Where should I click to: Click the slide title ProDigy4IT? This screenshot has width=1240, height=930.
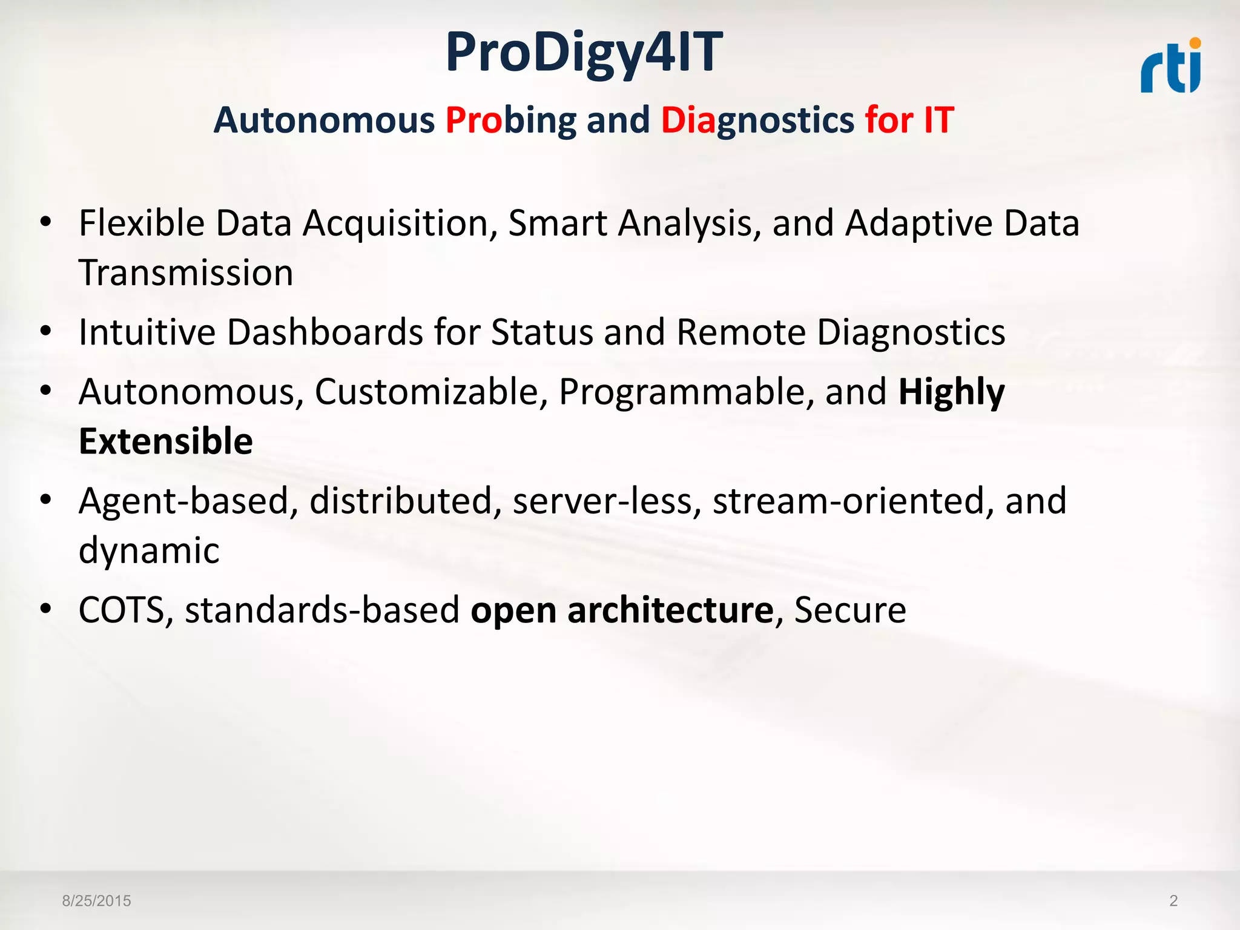(584, 53)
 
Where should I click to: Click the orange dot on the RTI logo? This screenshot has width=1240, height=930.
(1195, 43)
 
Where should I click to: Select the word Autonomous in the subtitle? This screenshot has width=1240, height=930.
(324, 120)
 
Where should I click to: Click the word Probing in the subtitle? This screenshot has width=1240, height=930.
(510, 120)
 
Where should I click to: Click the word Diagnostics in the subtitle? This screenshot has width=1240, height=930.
(757, 120)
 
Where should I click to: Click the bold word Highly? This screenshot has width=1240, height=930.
(951, 392)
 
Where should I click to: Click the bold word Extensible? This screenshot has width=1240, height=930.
(166, 441)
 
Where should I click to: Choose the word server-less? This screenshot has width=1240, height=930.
(607, 501)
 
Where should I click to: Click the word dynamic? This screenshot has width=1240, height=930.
(149, 550)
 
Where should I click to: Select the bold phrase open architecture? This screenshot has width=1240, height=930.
(622, 610)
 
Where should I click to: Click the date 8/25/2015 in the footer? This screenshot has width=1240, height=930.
(96, 901)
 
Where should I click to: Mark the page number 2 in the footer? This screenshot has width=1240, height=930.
(1173, 901)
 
